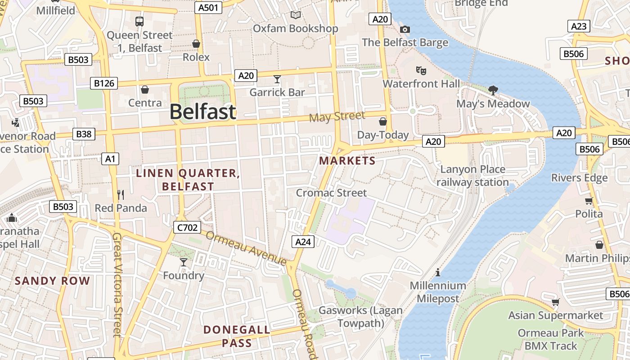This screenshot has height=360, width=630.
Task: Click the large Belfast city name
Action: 203,112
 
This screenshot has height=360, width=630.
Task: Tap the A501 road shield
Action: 209,7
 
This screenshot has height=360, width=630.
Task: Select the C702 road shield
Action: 187,227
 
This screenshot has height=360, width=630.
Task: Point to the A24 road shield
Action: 303,242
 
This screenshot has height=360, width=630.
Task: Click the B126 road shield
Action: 104,83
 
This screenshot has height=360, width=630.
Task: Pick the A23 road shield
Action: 579,26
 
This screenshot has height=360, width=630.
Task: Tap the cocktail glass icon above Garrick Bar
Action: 277,79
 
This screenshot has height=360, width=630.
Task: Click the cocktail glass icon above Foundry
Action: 184,262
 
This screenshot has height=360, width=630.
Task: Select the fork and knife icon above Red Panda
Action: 121,194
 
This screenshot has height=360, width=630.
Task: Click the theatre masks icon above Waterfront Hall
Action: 421,70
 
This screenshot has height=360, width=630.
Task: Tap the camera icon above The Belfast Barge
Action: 405,29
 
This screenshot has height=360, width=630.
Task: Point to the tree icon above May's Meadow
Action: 493,90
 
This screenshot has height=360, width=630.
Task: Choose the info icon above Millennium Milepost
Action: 438,272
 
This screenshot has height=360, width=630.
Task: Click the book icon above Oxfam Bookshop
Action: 295,15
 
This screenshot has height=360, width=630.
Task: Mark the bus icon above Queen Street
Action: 139,21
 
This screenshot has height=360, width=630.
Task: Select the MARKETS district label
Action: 347,161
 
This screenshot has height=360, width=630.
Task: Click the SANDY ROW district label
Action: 53,281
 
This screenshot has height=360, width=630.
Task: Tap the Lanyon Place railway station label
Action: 472,176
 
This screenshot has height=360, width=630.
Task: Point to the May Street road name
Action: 337,117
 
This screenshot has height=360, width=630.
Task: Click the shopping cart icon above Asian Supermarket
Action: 556,302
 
